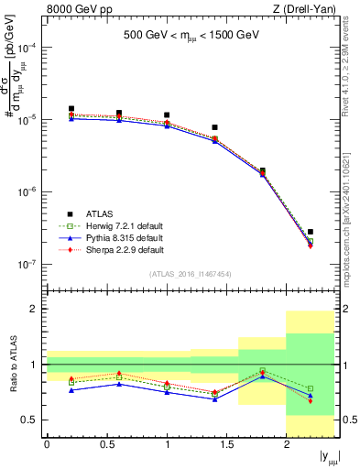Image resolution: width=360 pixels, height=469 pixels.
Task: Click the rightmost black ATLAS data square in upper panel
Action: pyautogui.click(x=311, y=232)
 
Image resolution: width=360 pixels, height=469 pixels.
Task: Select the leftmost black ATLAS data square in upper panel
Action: pyautogui.click(x=71, y=108)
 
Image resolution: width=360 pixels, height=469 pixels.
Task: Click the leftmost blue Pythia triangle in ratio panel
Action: pyautogui.click(x=71, y=390)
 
